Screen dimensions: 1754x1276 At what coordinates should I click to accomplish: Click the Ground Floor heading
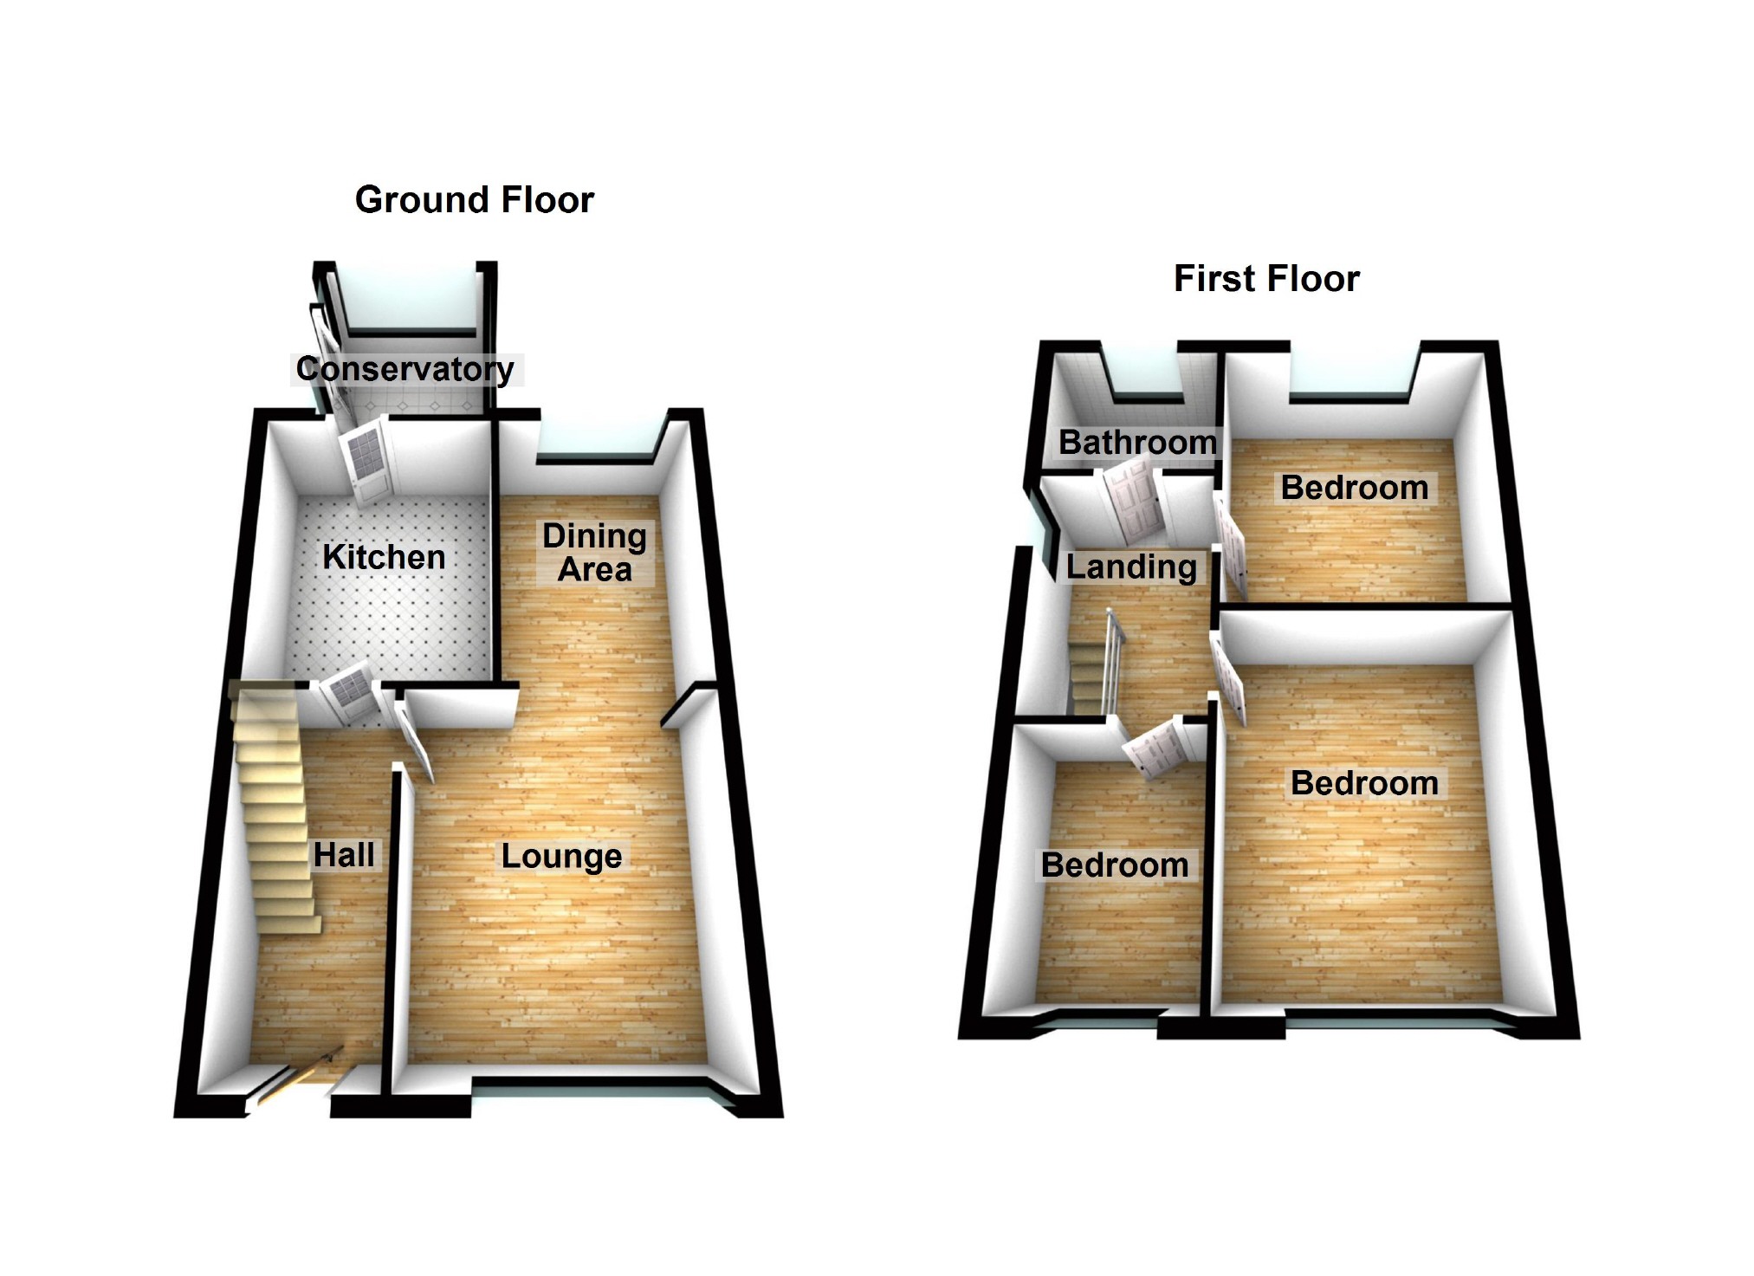click(474, 200)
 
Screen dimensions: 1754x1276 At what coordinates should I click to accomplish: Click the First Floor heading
click(1265, 279)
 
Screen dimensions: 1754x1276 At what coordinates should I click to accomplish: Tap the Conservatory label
click(405, 369)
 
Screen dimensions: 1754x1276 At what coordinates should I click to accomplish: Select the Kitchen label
click(384, 557)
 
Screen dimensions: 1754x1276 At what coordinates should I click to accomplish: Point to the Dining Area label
click(594, 553)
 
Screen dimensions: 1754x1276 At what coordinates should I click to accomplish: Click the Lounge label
click(561, 856)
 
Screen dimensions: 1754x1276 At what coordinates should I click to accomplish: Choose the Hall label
click(344, 855)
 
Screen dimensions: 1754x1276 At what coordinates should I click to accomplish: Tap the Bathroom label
click(1137, 443)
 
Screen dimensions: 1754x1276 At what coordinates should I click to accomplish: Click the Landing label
click(1130, 567)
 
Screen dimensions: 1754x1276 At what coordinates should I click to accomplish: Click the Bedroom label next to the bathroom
click(1354, 488)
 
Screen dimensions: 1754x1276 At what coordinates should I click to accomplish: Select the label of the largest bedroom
click(1364, 783)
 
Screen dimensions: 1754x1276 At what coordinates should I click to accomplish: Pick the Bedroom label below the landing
click(1114, 865)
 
